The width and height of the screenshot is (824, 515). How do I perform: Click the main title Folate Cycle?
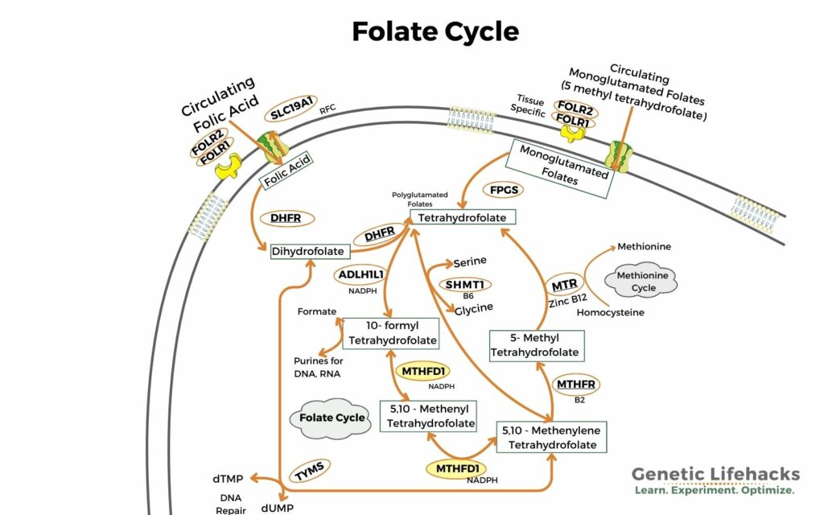click(435, 31)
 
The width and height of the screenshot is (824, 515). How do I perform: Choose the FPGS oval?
click(504, 190)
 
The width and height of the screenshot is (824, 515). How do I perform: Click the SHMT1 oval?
click(464, 284)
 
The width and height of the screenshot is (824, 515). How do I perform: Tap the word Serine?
click(470, 263)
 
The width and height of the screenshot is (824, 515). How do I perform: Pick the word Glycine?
click(474, 307)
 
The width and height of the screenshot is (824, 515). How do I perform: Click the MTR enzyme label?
click(564, 286)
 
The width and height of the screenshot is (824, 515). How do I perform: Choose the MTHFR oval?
click(576, 384)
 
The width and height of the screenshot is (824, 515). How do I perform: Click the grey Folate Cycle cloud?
click(327, 418)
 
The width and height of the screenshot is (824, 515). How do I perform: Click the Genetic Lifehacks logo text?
click(715, 474)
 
